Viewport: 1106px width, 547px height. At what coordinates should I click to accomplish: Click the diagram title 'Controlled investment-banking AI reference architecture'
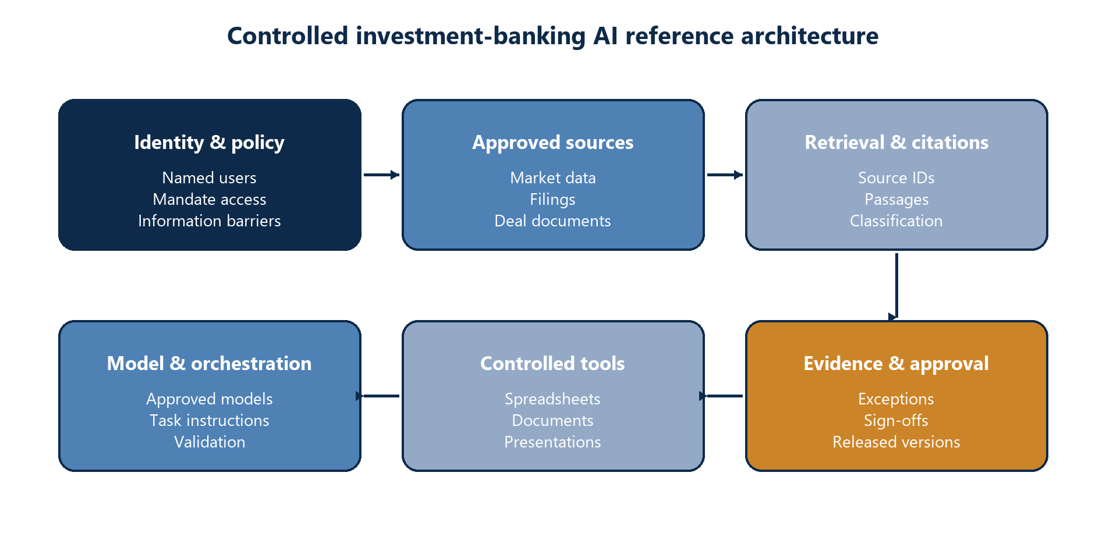552,36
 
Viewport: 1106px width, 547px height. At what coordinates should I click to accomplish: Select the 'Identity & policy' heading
210,143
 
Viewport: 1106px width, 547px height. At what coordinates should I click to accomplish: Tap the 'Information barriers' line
210,221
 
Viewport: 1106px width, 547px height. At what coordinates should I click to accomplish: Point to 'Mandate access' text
210,200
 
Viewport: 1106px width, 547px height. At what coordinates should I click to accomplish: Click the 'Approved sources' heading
553,143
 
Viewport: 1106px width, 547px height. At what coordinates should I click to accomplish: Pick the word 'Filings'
553,200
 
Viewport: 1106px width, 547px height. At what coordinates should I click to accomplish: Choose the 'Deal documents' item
553,221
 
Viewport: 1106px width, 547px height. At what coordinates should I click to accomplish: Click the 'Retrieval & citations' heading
896,143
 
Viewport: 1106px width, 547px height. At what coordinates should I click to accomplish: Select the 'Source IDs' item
896,178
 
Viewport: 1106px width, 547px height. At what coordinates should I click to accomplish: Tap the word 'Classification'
896,221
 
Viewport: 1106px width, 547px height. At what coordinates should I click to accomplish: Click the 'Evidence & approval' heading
896,364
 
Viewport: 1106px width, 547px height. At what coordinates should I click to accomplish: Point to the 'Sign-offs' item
896,421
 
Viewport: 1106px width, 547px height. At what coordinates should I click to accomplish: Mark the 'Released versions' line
896,442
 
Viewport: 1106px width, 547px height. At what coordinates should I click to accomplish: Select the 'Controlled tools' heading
553,364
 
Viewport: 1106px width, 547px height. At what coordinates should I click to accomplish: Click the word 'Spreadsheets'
553,399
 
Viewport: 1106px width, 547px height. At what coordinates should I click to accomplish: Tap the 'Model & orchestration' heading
210,364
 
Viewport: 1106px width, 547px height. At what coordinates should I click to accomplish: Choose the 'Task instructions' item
210,421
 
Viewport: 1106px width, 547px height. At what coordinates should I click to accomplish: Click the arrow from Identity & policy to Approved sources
382,175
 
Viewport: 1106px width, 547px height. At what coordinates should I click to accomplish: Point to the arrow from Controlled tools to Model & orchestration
378,396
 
